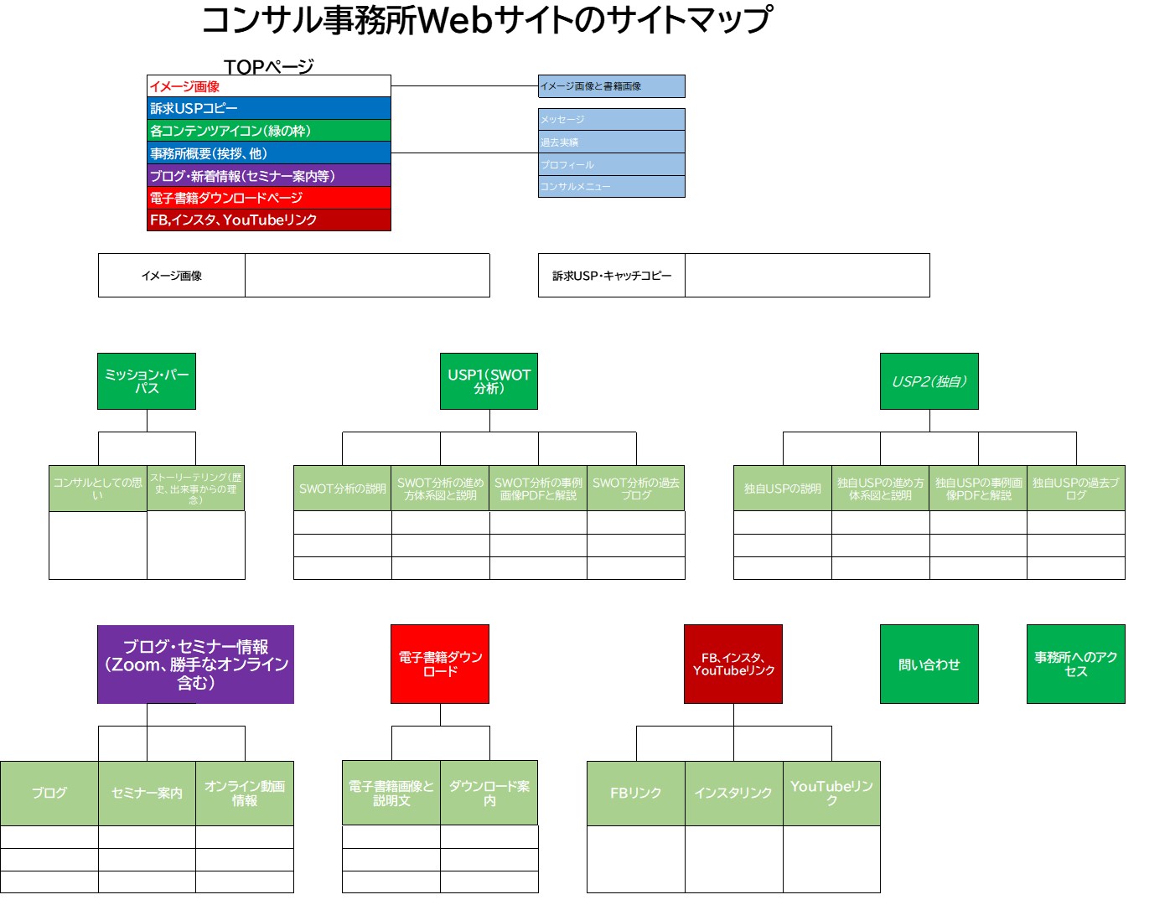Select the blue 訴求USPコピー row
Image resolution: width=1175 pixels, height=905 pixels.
coord(268,108)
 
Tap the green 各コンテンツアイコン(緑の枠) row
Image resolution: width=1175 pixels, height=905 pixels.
coord(268,131)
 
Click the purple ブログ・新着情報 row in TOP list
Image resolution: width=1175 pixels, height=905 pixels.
coord(268,175)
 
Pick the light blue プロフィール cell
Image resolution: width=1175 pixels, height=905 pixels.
coord(611,164)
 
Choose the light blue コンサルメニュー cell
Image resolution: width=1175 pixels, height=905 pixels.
coord(611,186)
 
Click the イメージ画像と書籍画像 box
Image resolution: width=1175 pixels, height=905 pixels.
coord(611,86)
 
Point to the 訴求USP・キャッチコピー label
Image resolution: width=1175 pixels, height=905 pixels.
coord(612,276)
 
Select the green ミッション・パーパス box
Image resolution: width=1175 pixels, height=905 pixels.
coord(147,381)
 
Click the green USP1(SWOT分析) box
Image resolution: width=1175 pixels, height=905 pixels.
coord(489,381)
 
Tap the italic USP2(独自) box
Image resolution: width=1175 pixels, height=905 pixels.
coord(929,381)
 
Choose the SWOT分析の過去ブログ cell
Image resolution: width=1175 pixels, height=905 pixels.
coord(635,489)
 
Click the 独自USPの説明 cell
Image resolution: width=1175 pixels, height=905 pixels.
coord(782,489)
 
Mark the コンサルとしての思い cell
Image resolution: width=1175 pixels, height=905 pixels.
coord(98,489)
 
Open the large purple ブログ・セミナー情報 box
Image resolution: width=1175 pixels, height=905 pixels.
coord(195,665)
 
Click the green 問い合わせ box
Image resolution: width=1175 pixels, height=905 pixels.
coord(929,665)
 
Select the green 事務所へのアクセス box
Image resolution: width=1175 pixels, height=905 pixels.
coord(1075,665)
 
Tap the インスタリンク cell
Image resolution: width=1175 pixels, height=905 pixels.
coord(733,793)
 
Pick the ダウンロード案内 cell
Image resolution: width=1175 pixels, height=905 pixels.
coord(489,793)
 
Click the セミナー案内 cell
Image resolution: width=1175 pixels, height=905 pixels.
coord(147,793)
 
